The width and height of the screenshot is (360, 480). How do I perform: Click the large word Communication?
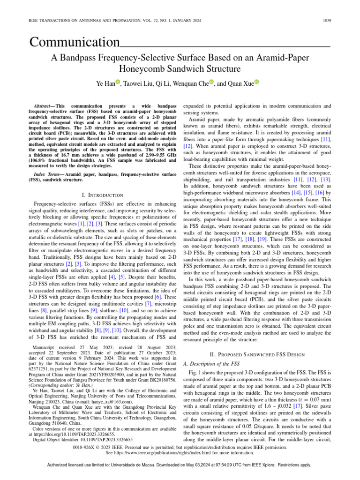coord(75,43)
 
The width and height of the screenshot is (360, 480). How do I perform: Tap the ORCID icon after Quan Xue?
coord(257,83)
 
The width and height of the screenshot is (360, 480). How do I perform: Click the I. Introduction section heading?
coord(102,195)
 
